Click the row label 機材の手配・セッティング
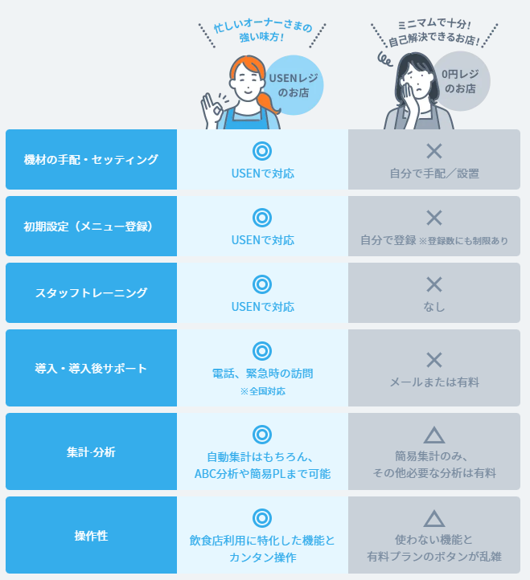tap(91, 159)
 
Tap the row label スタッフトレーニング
tap(91, 292)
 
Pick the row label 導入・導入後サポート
tap(91, 368)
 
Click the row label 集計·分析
tap(91, 452)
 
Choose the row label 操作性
tap(91, 535)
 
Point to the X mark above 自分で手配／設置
tap(434, 150)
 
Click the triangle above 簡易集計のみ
tap(434, 435)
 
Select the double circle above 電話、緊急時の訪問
tap(261, 351)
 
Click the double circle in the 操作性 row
tap(261, 518)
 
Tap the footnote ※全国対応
tap(262, 391)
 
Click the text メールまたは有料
tap(434, 382)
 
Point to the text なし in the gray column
tap(434, 307)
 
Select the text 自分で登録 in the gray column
tap(388, 240)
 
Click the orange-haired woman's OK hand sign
tap(212, 108)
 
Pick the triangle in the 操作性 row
tap(434, 519)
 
